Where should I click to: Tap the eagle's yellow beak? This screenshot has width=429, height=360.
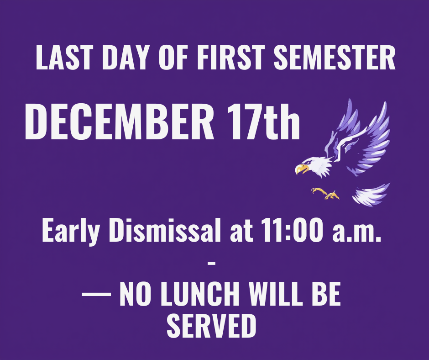pos(302,169)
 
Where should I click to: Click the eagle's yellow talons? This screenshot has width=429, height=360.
pos(326,193)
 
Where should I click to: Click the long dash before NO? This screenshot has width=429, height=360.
pos(96,294)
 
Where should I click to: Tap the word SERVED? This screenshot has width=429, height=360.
pos(211,324)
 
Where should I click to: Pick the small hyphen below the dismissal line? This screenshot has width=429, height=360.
pos(211,263)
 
